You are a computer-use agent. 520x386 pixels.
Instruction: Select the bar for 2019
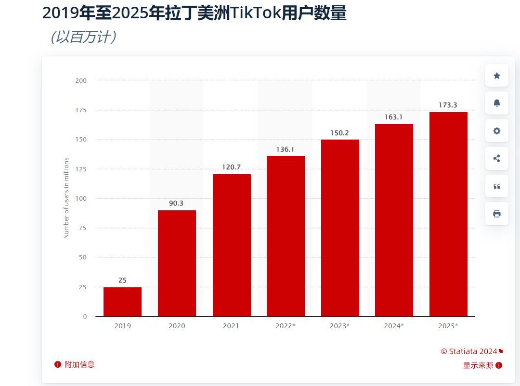pos(122,302)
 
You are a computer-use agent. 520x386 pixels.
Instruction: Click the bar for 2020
pos(177,263)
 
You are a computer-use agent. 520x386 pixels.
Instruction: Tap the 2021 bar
pos(232,245)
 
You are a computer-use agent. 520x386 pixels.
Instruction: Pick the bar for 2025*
pos(448,214)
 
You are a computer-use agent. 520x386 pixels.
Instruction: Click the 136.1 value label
pos(285,149)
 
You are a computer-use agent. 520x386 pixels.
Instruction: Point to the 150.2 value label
pos(339,133)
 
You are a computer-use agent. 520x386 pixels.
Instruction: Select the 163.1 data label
pos(393,117)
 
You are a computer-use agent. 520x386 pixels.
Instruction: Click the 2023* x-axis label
pos(339,326)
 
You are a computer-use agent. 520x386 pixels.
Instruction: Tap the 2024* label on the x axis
pos(394,326)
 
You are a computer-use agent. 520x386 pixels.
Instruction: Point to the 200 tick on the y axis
pos(81,80)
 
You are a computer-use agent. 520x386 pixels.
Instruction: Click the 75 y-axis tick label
pos(83,228)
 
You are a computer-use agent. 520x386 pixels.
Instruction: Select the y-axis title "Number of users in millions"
pos(66,198)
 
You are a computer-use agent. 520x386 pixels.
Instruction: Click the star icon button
pos(497,76)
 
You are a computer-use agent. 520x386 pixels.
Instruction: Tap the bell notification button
pos(497,103)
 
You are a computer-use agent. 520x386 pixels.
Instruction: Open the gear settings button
pos(497,131)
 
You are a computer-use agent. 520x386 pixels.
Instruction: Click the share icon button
pos(497,158)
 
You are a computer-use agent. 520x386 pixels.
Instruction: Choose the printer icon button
pos(497,214)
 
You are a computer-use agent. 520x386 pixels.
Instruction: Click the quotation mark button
pos(497,186)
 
